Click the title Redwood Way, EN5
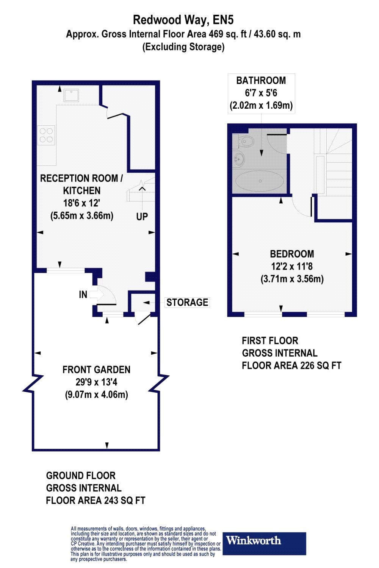[x=183, y=20]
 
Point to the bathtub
[x=260, y=181]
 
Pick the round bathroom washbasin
[x=239, y=158]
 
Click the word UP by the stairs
[x=142, y=217]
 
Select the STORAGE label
[x=187, y=302]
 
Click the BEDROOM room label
[x=292, y=254]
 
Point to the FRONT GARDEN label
[x=96, y=370]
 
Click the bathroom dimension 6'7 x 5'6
[x=261, y=93]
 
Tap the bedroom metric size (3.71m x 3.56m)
[x=292, y=279]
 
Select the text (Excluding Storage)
[x=183, y=47]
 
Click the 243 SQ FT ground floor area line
[x=96, y=501]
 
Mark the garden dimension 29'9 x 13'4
[x=96, y=382]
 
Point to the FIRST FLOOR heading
[x=270, y=340]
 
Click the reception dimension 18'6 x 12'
[x=81, y=203]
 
